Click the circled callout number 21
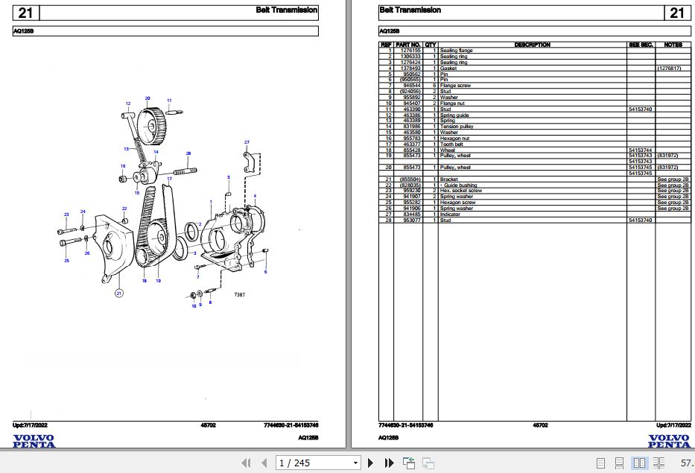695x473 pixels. [x=118, y=293]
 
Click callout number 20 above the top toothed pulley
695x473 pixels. [x=147, y=98]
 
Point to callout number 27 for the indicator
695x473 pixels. [x=247, y=142]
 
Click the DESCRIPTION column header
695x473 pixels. [x=532, y=45]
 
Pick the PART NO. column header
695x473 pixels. [x=408, y=45]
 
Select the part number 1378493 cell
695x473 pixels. [x=411, y=68]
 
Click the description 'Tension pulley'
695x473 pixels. [x=457, y=127]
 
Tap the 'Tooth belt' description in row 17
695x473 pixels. [x=452, y=144]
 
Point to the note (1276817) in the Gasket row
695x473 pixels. [x=669, y=68]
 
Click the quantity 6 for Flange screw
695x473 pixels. [x=431, y=86]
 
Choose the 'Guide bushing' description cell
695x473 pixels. [x=459, y=185]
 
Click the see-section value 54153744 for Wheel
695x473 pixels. [x=641, y=150]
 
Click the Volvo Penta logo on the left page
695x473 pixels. [x=34, y=441]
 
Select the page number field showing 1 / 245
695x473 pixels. [x=317, y=463]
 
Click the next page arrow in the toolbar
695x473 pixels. [x=371, y=463]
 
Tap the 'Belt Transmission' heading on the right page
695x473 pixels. [x=410, y=10]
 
